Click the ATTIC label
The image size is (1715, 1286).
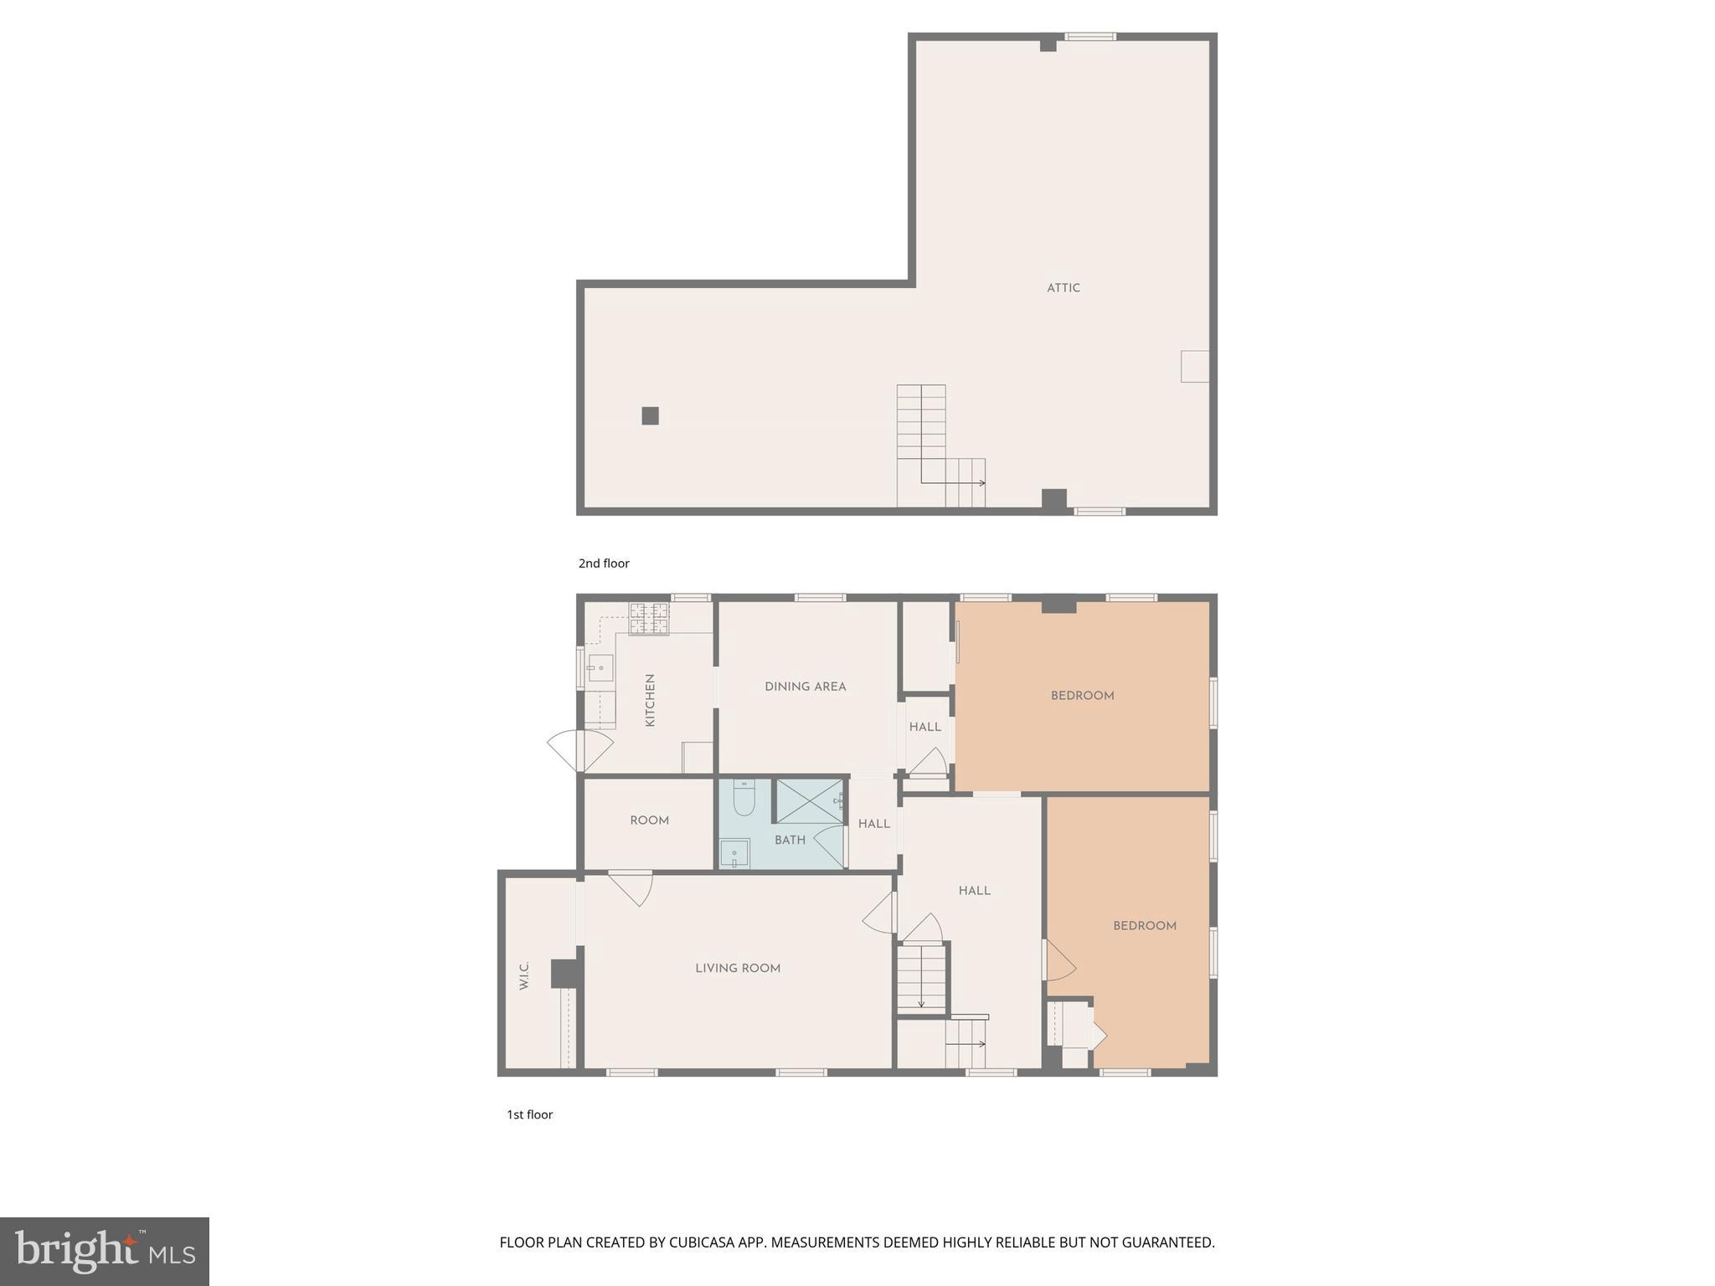pyautogui.click(x=1063, y=288)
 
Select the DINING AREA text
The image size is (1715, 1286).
pyautogui.click(x=805, y=687)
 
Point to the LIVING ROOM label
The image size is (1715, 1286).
pyautogui.click(x=738, y=969)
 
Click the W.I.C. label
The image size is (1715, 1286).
pyautogui.click(x=524, y=975)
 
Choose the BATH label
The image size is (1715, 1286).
pyautogui.click(x=790, y=840)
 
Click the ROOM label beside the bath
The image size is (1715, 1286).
pyautogui.click(x=649, y=820)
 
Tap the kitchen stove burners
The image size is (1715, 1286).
pyautogui.click(x=649, y=619)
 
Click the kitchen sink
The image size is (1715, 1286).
pyautogui.click(x=600, y=668)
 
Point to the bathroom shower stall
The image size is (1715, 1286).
pyautogui.click(x=809, y=800)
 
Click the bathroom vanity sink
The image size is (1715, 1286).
pyautogui.click(x=734, y=854)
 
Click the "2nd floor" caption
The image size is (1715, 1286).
pyautogui.click(x=604, y=563)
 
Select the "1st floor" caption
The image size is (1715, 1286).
pyautogui.click(x=529, y=1114)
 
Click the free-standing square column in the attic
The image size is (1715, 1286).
pyautogui.click(x=650, y=415)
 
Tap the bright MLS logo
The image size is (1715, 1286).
pyautogui.click(x=105, y=1252)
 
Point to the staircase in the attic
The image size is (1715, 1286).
pyautogui.click(x=930, y=448)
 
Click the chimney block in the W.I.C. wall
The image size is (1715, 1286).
pyautogui.click(x=565, y=974)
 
